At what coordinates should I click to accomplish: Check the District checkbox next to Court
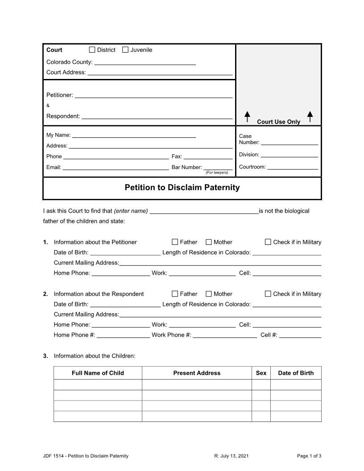click(92, 50)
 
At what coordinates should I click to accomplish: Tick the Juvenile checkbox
click(125, 50)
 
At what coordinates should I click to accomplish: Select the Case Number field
click(289, 142)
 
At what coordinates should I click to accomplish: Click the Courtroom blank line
click(293, 167)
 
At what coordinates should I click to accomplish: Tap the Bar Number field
click(218, 167)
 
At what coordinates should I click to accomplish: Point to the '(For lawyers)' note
click(217, 173)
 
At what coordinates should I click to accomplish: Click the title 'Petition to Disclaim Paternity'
click(182, 188)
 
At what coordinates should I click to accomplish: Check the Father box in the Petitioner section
click(175, 242)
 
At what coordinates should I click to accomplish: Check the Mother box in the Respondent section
click(209, 294)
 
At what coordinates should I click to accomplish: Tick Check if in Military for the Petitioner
click(268, 242)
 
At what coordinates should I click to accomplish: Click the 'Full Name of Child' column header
click(98, 373)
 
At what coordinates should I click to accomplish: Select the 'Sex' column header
click(261, 373)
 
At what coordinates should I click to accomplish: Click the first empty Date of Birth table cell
click(296, 384)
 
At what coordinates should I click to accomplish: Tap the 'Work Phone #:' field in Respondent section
click(225, 335)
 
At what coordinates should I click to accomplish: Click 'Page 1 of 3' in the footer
click(309, 456)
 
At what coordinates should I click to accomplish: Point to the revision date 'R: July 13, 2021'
click(231, 456)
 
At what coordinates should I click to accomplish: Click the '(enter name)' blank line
click(204, 211)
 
